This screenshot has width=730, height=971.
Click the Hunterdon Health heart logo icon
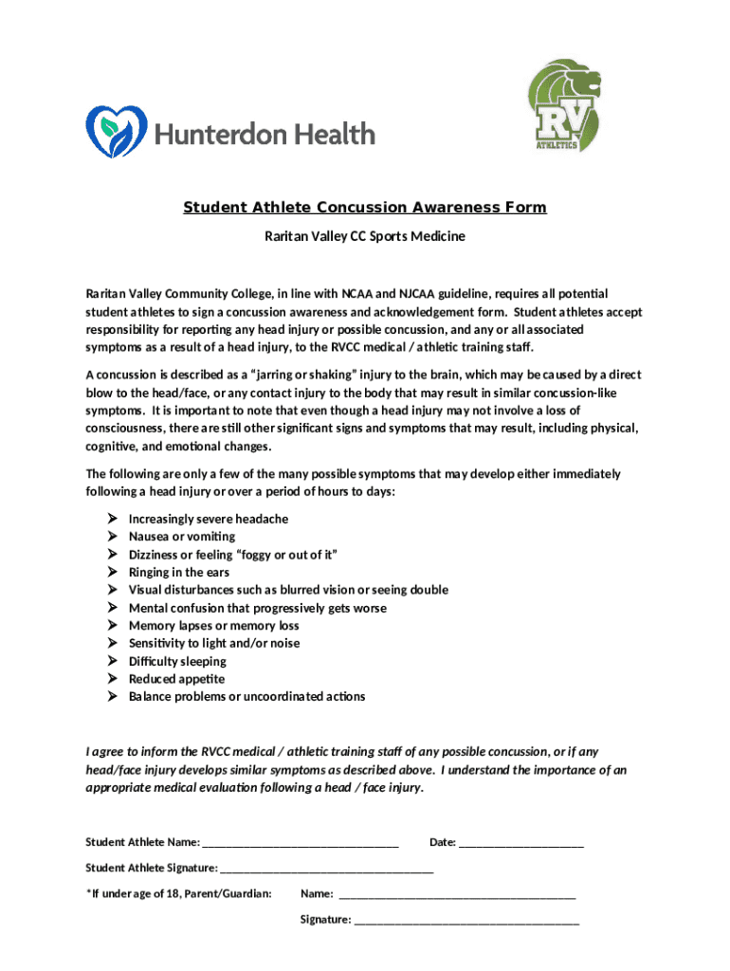click(x=117, y=131)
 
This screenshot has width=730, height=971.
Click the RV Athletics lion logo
click(x=564, y=106)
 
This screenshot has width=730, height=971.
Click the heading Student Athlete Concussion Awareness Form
click(x=365, y=208)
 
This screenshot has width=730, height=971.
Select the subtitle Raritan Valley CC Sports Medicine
click(x=365, y=236)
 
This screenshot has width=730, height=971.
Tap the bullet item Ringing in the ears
click(x=179, y=573)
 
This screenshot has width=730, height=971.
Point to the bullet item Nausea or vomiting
click(x=182, y=537)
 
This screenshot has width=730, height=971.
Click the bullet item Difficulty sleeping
click(x=177, y=662)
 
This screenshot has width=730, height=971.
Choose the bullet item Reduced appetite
click(x=176, y=679)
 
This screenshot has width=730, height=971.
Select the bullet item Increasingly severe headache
click(x=209, y=520)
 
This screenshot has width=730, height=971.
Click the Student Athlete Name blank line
click(x=301, y=844)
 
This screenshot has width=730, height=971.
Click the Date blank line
click(x=520, y=844)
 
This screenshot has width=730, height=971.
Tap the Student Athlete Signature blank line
click(x=326, y=870)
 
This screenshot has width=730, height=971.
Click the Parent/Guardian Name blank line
click(x=456, y=895)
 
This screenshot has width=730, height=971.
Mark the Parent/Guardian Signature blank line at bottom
click(x=465, y=921)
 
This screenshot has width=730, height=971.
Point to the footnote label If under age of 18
click(x=179, y=893)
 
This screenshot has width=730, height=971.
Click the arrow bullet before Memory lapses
click(x=112, y=626)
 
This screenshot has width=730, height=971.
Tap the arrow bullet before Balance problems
click(x=112, y=697)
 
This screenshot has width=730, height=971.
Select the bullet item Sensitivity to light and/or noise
click(x=214, y=644)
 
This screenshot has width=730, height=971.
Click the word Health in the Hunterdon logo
click(x=328, y=134)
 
